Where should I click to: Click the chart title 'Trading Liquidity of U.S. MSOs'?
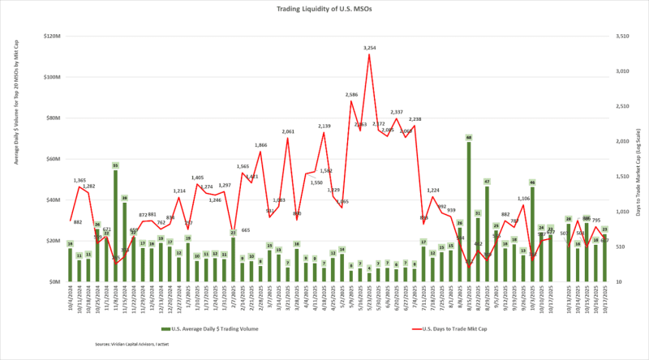tap(325, 10)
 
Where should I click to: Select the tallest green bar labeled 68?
tap(469, 211)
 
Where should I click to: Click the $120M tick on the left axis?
tap(53, 36)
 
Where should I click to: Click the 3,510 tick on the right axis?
tap(622, 36)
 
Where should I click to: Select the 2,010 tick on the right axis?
tap(622, 141)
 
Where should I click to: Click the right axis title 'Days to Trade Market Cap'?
tap(638, 158)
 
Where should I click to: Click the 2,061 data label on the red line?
tap(287, 131)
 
